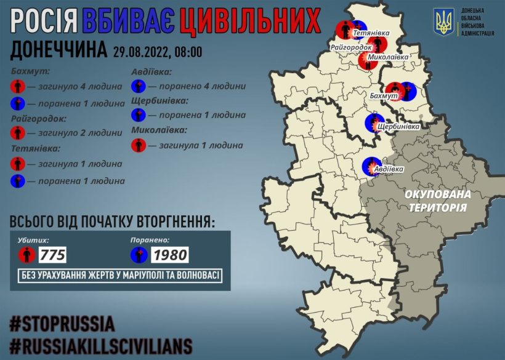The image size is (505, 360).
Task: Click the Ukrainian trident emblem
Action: click(x=443, y=22)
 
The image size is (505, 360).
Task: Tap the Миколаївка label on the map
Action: click(x=389, y=56)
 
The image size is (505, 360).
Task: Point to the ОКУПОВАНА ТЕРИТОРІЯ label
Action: click(x=437, y=201)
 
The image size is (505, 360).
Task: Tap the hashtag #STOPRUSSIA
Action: click(x=62, y=324)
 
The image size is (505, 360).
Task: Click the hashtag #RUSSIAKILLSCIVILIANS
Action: click(x=101, y=345)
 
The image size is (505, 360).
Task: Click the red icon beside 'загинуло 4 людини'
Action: click(x=18, y=87)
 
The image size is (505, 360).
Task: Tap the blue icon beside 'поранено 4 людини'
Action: click(x=139, y=87)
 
